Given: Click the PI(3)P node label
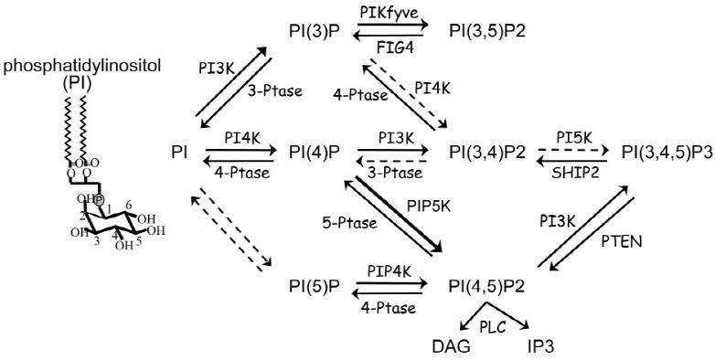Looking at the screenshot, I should click(313, 34).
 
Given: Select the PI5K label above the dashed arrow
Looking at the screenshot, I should click(571, 134).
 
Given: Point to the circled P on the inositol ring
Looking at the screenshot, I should click(99, 198).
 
